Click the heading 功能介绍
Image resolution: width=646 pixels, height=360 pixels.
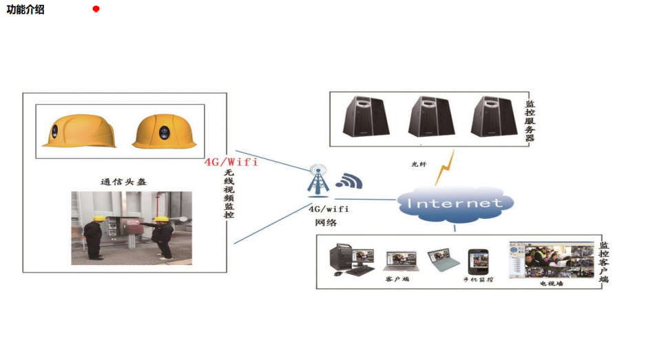pos(25,10)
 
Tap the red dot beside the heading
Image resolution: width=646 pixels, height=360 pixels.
pos(96,9)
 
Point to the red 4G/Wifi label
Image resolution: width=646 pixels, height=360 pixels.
pos(231,162)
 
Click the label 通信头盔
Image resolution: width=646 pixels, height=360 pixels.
pos(123,182)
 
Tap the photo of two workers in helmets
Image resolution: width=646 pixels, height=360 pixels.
pos(132,229)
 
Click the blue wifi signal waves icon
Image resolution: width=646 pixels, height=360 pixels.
pos(348,181)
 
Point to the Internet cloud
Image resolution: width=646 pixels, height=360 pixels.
pos(455,203)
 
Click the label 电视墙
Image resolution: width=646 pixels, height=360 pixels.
pos(551,283)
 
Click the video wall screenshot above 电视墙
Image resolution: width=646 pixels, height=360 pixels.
pos(551,260)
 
